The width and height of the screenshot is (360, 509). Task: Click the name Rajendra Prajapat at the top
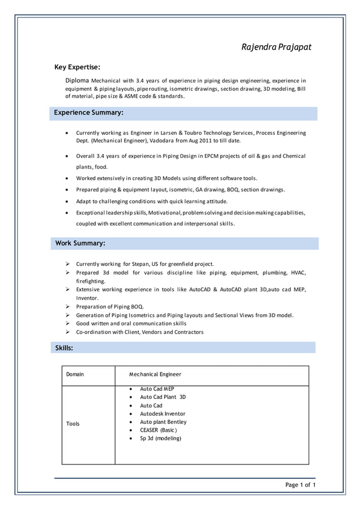[x=276, y=47]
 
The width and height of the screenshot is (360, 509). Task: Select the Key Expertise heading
[x=77, y=67]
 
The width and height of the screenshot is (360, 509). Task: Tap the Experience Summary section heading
[x=88, y=113]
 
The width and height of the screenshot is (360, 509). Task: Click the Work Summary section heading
[x=80, y=243]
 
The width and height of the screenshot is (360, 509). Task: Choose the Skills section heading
[x=64, y=348]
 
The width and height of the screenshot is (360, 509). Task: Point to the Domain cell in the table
[x=75, y=374]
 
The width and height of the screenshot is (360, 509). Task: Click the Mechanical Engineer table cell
[x=155, y=374]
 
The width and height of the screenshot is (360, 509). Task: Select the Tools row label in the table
[x=73, y=424]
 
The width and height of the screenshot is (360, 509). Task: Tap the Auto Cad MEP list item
[x=157, y=389]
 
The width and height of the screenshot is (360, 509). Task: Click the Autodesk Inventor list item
[x=163, y=414]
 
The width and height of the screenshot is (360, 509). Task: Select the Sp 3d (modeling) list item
[x=160, y=438]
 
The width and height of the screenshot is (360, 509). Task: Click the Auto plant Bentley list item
[x=163, y=422]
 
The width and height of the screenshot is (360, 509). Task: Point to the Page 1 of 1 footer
[x=300, y=485]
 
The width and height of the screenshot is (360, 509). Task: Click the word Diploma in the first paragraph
[x=77, y=81]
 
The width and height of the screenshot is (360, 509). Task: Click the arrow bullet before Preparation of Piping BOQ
[x=68, y=306]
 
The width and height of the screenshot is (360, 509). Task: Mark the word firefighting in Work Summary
[x=90, y=281]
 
